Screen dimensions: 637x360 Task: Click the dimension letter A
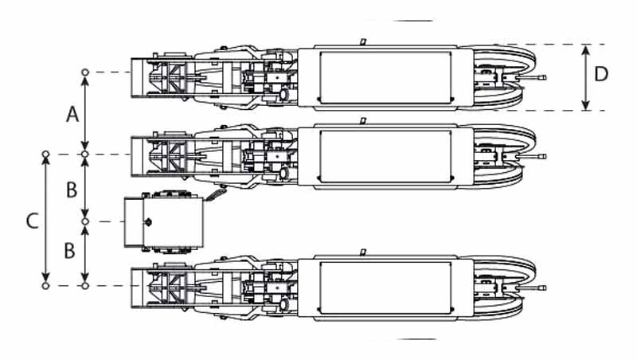click(x=72, y=115)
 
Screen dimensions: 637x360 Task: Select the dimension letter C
click(x=33, y=221)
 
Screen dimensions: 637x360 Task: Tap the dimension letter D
click(x=601, y=74)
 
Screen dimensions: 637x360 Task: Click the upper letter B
click(x=72, y=190)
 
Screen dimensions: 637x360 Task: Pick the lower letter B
click(x=70, y=251)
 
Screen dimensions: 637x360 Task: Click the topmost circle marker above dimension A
click(x=85, y=72)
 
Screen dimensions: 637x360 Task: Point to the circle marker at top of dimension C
click(x=46, y=155)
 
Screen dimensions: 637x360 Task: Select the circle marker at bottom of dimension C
click(x=46, y=286)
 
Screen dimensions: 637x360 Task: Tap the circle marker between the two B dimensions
click(x=85, y=221)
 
